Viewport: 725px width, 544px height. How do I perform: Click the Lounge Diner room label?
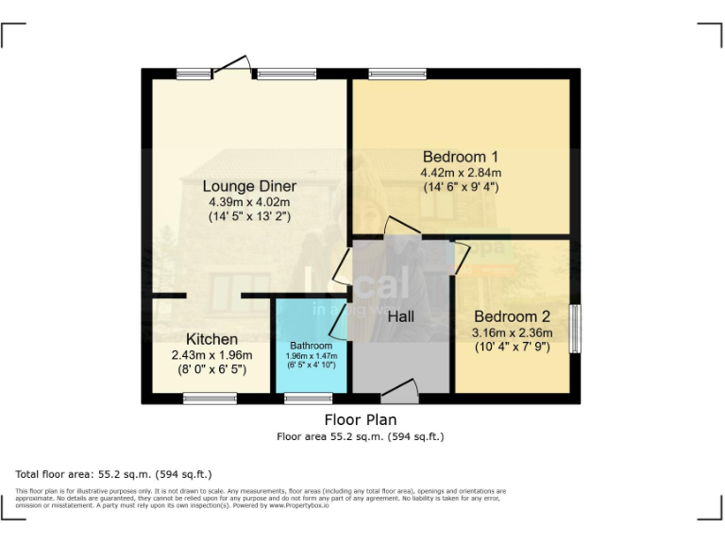click(x=249, y=186)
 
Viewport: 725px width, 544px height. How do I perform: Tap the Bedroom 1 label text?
click(x=461, y=157)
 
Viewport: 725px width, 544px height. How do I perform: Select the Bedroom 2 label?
click(x=512, y=317)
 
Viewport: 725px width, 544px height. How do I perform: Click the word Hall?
click(x=401, y=317)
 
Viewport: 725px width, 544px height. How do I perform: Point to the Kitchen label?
click(x=211, y=339)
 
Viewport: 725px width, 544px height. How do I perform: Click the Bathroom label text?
click(x=311, y=346)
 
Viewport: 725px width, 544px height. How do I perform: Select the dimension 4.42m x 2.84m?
click(x=461, y=173)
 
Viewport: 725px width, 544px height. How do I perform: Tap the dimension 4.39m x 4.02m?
click(x=249, y=202)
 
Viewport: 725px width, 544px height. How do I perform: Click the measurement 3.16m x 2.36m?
click(x=512, y=332)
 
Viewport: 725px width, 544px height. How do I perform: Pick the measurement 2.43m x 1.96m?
click(x=211, y=355)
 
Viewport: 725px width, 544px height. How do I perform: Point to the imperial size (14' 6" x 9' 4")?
click(x=461, y=187)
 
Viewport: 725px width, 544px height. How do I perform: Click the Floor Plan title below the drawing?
click(x=360, y=419)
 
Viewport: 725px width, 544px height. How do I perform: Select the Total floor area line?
click(x=114, y=473)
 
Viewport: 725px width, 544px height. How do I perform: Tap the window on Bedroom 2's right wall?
click(x=575, y=328)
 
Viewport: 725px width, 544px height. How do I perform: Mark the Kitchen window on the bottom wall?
click(x=210, y=399)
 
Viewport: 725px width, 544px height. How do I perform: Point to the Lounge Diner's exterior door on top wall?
click(x=233, y=67)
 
